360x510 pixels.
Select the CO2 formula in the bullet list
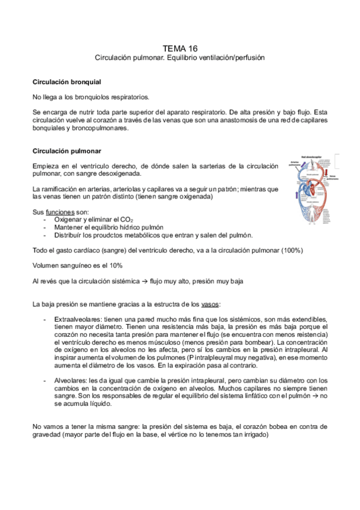point(110,220)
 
